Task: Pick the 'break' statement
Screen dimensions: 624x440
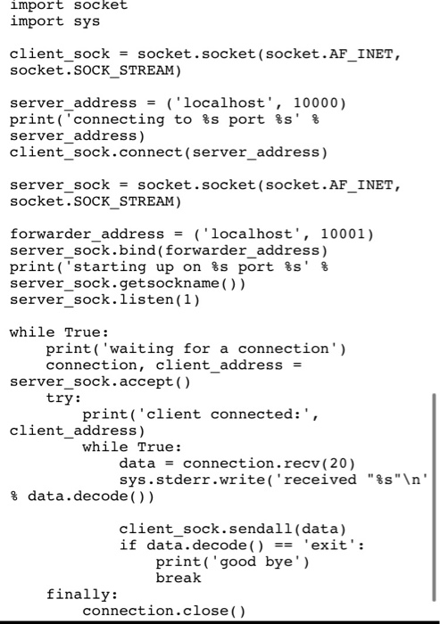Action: coord(178,578)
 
